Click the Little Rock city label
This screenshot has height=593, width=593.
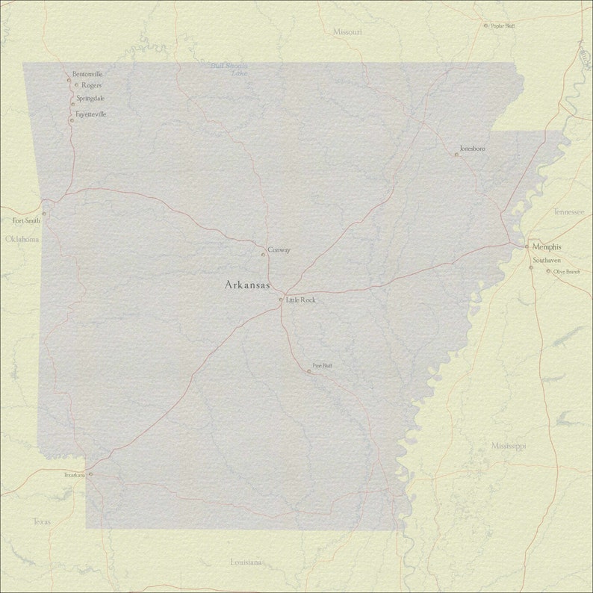pos(301,299)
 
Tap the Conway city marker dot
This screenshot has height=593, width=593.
pos(263,255)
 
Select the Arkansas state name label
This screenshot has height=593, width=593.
pos(247,285)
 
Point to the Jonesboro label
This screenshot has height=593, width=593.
pos(472,149)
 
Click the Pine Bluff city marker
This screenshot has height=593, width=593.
pos(308,371)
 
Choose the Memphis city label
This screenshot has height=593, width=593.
pos(547,246)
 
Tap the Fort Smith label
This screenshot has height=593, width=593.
pos(26,221)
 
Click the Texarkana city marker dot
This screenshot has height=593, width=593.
pos(90,474)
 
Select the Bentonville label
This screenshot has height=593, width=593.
pos(87,74)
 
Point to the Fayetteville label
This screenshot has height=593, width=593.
pos(91,114)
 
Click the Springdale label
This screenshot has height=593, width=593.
pos(90,98)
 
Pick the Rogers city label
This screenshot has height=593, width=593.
pos(92,85)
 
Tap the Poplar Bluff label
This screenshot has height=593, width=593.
pos(503,25)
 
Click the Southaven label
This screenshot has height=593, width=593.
pos(547,260)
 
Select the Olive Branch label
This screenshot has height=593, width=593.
pos(567,271)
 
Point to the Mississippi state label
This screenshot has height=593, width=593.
pos(509,446)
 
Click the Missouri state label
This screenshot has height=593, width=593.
pos(347,32)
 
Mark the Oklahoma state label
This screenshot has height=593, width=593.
pos(22,239)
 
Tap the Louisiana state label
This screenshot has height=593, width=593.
pos(246,562)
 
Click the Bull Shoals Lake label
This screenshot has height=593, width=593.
pos(230,69)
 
